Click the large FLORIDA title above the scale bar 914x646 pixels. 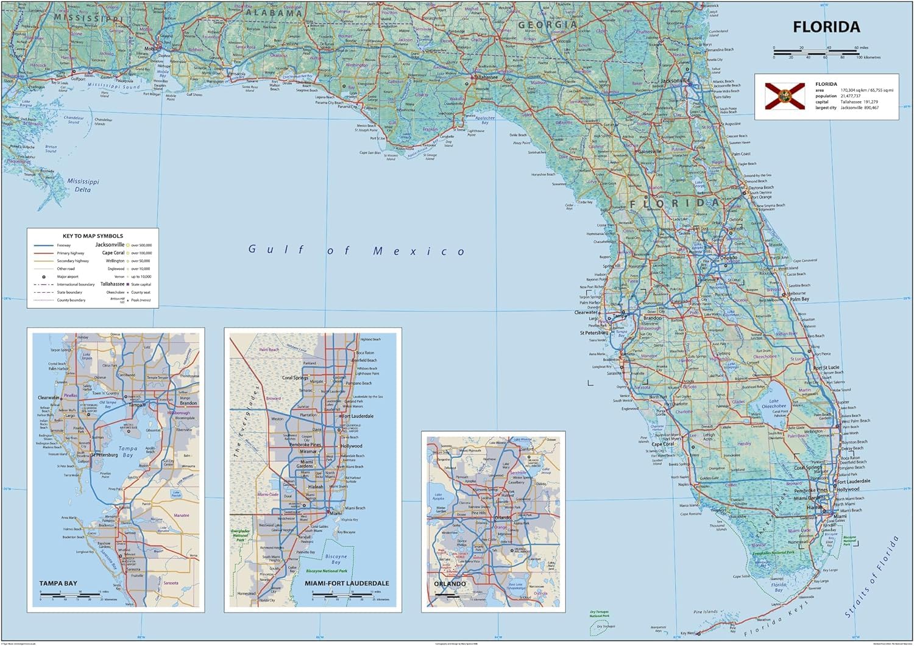pyautogui.click(x=826, y=27)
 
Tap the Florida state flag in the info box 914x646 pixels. pyautogui.click(x=780, y=96)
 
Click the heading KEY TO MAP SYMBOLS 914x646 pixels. pyautogui.click(x=93, y=236)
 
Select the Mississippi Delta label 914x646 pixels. pyautogui.click(x=82, y=185)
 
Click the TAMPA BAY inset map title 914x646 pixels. pyautogui.click(x=58, y=583)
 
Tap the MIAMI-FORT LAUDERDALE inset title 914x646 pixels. pyautogui.click(x=346, y=583)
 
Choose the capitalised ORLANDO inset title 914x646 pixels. pyautogui.click(x=450, y=584)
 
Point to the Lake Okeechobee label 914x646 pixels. pyautogui.click(x=774, y=404)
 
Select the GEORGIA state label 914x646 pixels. pyautogui.click(x=547, y=25)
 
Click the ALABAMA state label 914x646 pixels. pyautogui.click(x=275, y=13)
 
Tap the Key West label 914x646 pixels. pyautogui.click(x=687, y=634)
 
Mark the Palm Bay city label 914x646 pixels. pyautogui.click(x=799, y=300)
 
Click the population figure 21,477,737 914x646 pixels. pyautogui.click(x=851, y=96)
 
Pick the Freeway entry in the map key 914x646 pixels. pyautogui.click(x=64, y=245)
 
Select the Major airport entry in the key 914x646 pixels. pyautogui.click(x=68, y=276)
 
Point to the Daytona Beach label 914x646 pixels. pyautogui.click(x=762, y=188)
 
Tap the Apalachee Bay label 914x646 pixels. pyautogui.click(x=485, y=120)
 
